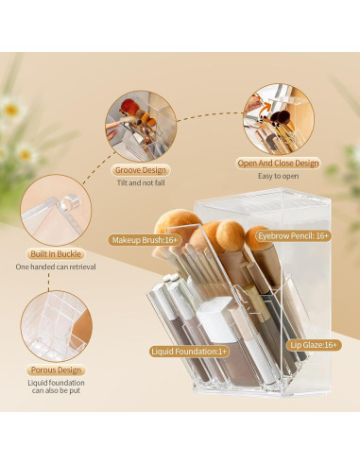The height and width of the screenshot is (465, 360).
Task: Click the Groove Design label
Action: click(141, 169)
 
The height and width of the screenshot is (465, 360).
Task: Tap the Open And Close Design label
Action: click(278, 163)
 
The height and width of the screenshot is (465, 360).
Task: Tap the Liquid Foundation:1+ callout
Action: click(189, 352)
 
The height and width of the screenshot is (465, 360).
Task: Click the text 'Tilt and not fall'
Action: click(141, 182)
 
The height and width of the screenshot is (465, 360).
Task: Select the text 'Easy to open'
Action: click(278, 176)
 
